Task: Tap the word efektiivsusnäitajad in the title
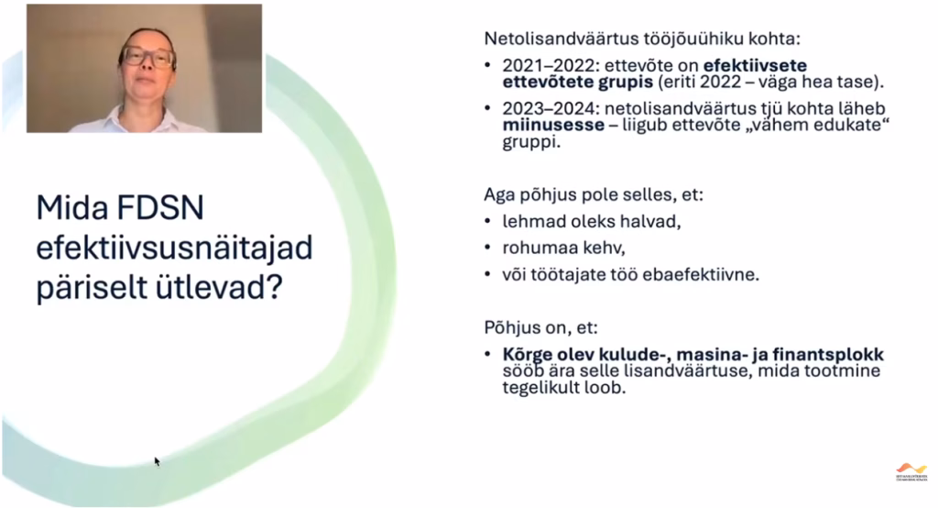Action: [175, 248]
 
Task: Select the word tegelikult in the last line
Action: [540, 388]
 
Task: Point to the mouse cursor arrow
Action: [157, 460]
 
